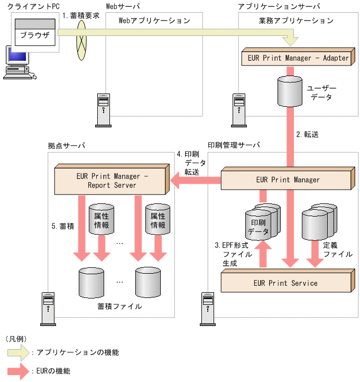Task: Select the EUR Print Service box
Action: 285,283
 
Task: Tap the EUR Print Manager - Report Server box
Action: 112,180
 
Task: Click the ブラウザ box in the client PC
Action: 34,36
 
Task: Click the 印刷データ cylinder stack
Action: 262,222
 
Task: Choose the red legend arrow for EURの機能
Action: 18,371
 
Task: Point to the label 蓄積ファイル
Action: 119,305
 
